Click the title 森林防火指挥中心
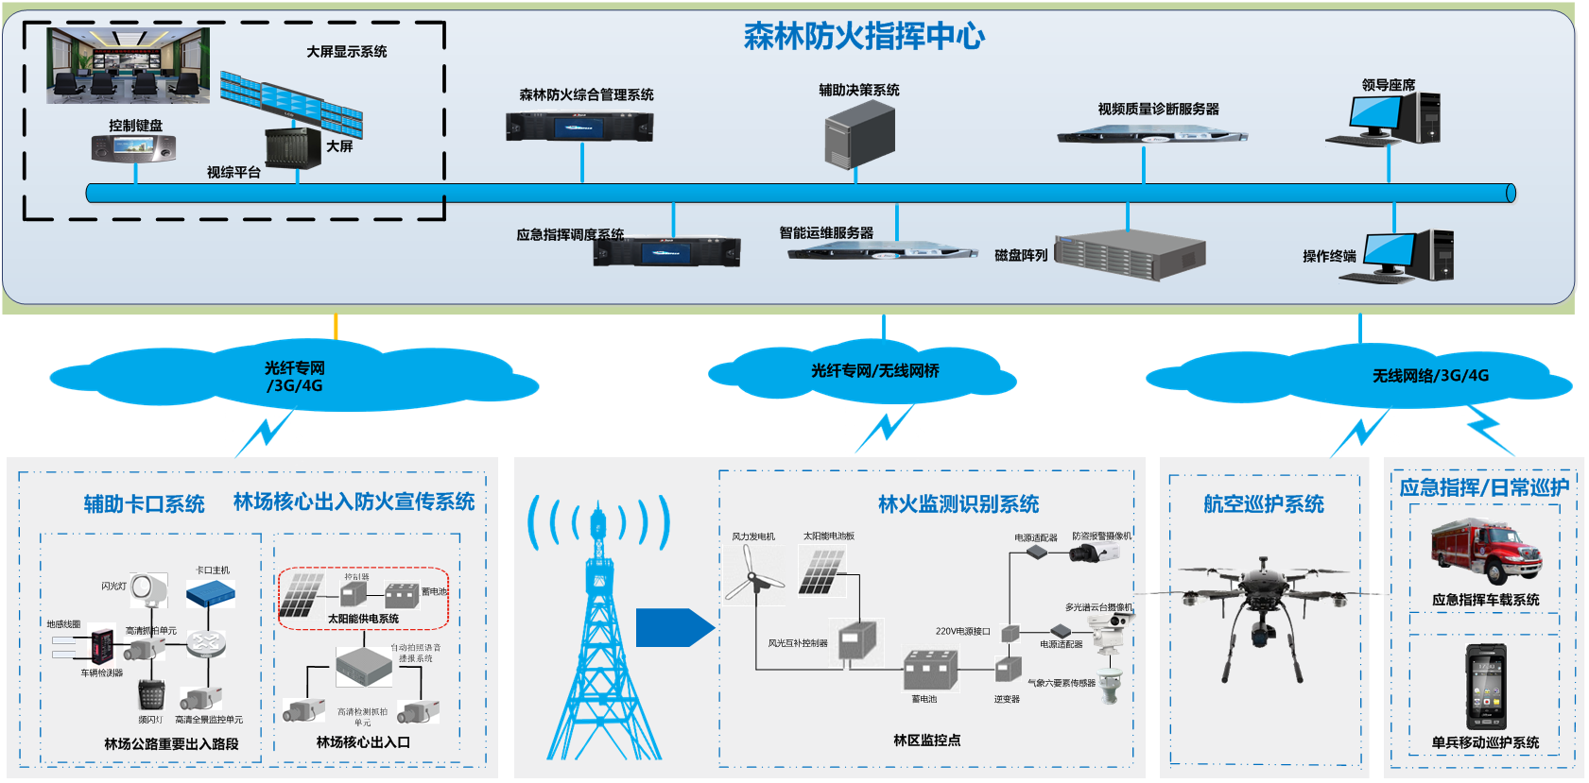coord(864,37)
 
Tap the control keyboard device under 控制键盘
coord(133,148)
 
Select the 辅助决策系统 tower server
coord(859,136)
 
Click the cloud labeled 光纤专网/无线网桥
coord(874,371)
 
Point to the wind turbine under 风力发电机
coord(753,575)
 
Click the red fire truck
coord(1485,552)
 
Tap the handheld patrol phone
coord(1485,686)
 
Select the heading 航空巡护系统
coord(1263,504)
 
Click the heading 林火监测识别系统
coord(958,504)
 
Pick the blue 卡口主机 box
coord(210,594)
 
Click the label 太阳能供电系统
coord(363,619)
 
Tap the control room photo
coord(129,65)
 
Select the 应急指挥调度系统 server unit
coord(667,252)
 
